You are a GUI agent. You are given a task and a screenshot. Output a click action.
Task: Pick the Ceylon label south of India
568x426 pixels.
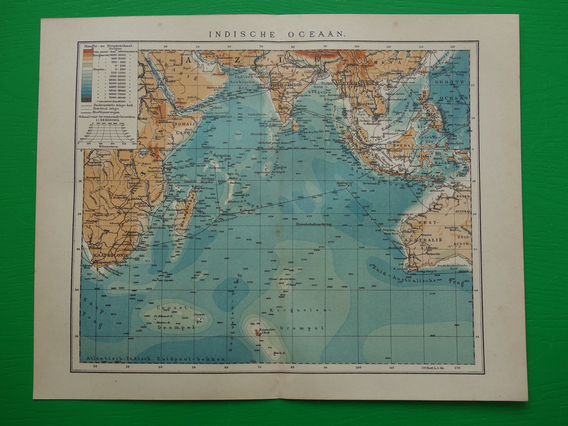299,126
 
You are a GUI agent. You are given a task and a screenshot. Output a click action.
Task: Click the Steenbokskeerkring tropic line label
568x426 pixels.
313,224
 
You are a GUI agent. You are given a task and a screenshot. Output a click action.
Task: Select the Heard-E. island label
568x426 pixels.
278,353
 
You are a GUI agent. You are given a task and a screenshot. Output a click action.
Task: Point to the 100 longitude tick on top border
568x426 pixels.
356,47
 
